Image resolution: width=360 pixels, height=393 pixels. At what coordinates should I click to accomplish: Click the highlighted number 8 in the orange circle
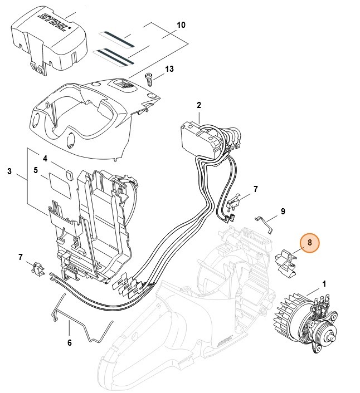[x=310, y=243]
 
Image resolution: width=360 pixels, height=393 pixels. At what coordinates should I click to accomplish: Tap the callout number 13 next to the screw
[x=169, y=69]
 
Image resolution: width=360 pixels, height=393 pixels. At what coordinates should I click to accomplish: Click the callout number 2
[x=198, y=105]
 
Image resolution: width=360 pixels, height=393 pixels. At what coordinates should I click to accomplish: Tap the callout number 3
[x=9, y=171]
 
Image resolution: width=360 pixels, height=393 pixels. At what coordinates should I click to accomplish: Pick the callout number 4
[x=45, y=158]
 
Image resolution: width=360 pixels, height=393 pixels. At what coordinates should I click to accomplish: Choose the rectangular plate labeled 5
[x=59, y=184]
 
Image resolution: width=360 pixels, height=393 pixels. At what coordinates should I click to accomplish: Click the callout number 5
[x=35, y=171]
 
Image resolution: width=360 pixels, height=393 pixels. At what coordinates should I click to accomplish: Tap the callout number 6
[x=69, y=343]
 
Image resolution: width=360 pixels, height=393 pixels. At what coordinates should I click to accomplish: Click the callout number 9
[x=283, y=211]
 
